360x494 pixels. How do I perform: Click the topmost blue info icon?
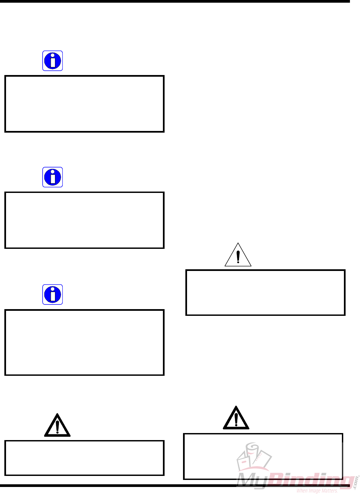pyautogui.click(x=53, y=61)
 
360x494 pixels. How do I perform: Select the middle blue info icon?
pyautogui.click(x=53, y=177)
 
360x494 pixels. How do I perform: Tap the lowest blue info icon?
pyautogui.click(x=53, y=295)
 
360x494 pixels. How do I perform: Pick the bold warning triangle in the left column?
pyautogui.click(x=57, y=426)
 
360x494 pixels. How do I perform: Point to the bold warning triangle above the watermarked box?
pyautogui.click(x=236, y=419)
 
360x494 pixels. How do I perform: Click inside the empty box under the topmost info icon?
pyautogui.click(x=84, y=104)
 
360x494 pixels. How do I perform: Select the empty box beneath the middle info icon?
pyautogui.click(x=84, y=220)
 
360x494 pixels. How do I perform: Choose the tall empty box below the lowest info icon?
pyautogui.click(x=84, y=342)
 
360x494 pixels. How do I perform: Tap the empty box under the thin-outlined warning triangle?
pyautogui.click(x=265, y=292)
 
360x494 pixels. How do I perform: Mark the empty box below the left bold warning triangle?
pyautogui.click(x=84, y=458)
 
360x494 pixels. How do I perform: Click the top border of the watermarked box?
pyautogui.click(x=263, y=434)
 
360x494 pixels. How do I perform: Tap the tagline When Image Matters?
pyautogui.click(x=317, y=491)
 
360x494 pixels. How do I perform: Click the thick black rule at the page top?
pyautogui.click(x=174, y=1)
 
